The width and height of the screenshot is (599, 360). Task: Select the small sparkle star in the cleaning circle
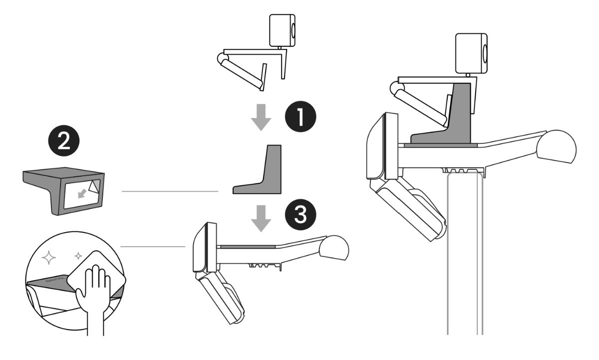(x=78, y=256)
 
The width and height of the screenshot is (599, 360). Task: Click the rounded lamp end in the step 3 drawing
(x=335, y=248)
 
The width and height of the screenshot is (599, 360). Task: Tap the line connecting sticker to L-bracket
(x=170, y=191)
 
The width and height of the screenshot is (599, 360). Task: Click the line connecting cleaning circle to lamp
(x=152, y=246)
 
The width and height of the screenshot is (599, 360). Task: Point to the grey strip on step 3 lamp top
(x=247, y=246)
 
